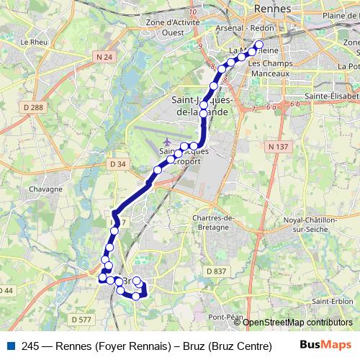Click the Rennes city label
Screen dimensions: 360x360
coord(272,9)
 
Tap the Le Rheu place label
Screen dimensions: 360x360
coord(33,42)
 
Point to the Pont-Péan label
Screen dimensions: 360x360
coord(223,317)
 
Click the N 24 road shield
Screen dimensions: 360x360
coord(104,56)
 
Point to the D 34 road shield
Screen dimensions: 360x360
coord(119,164)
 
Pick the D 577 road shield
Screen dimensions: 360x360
coord(81,319)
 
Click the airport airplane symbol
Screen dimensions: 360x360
coord(168,140)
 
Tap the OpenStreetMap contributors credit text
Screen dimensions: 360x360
coord(297,323)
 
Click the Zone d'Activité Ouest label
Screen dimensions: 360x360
coord(173,27)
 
